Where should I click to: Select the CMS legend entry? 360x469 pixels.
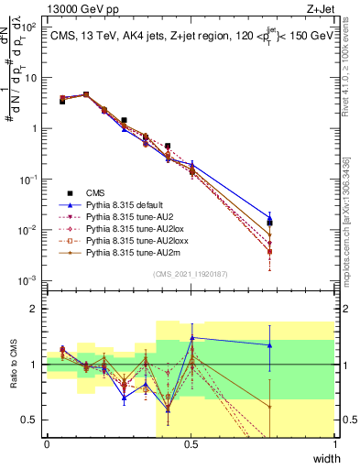[95, 193]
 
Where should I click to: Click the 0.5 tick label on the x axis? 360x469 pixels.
[191, 444]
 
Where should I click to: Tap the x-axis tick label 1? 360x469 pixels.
[334, 444]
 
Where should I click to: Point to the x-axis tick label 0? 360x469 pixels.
[47, 444]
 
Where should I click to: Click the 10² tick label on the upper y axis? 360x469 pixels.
[29, 27]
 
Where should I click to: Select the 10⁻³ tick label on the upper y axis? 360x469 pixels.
[29, 279]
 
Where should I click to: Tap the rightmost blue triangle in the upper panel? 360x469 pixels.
[269, 218]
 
